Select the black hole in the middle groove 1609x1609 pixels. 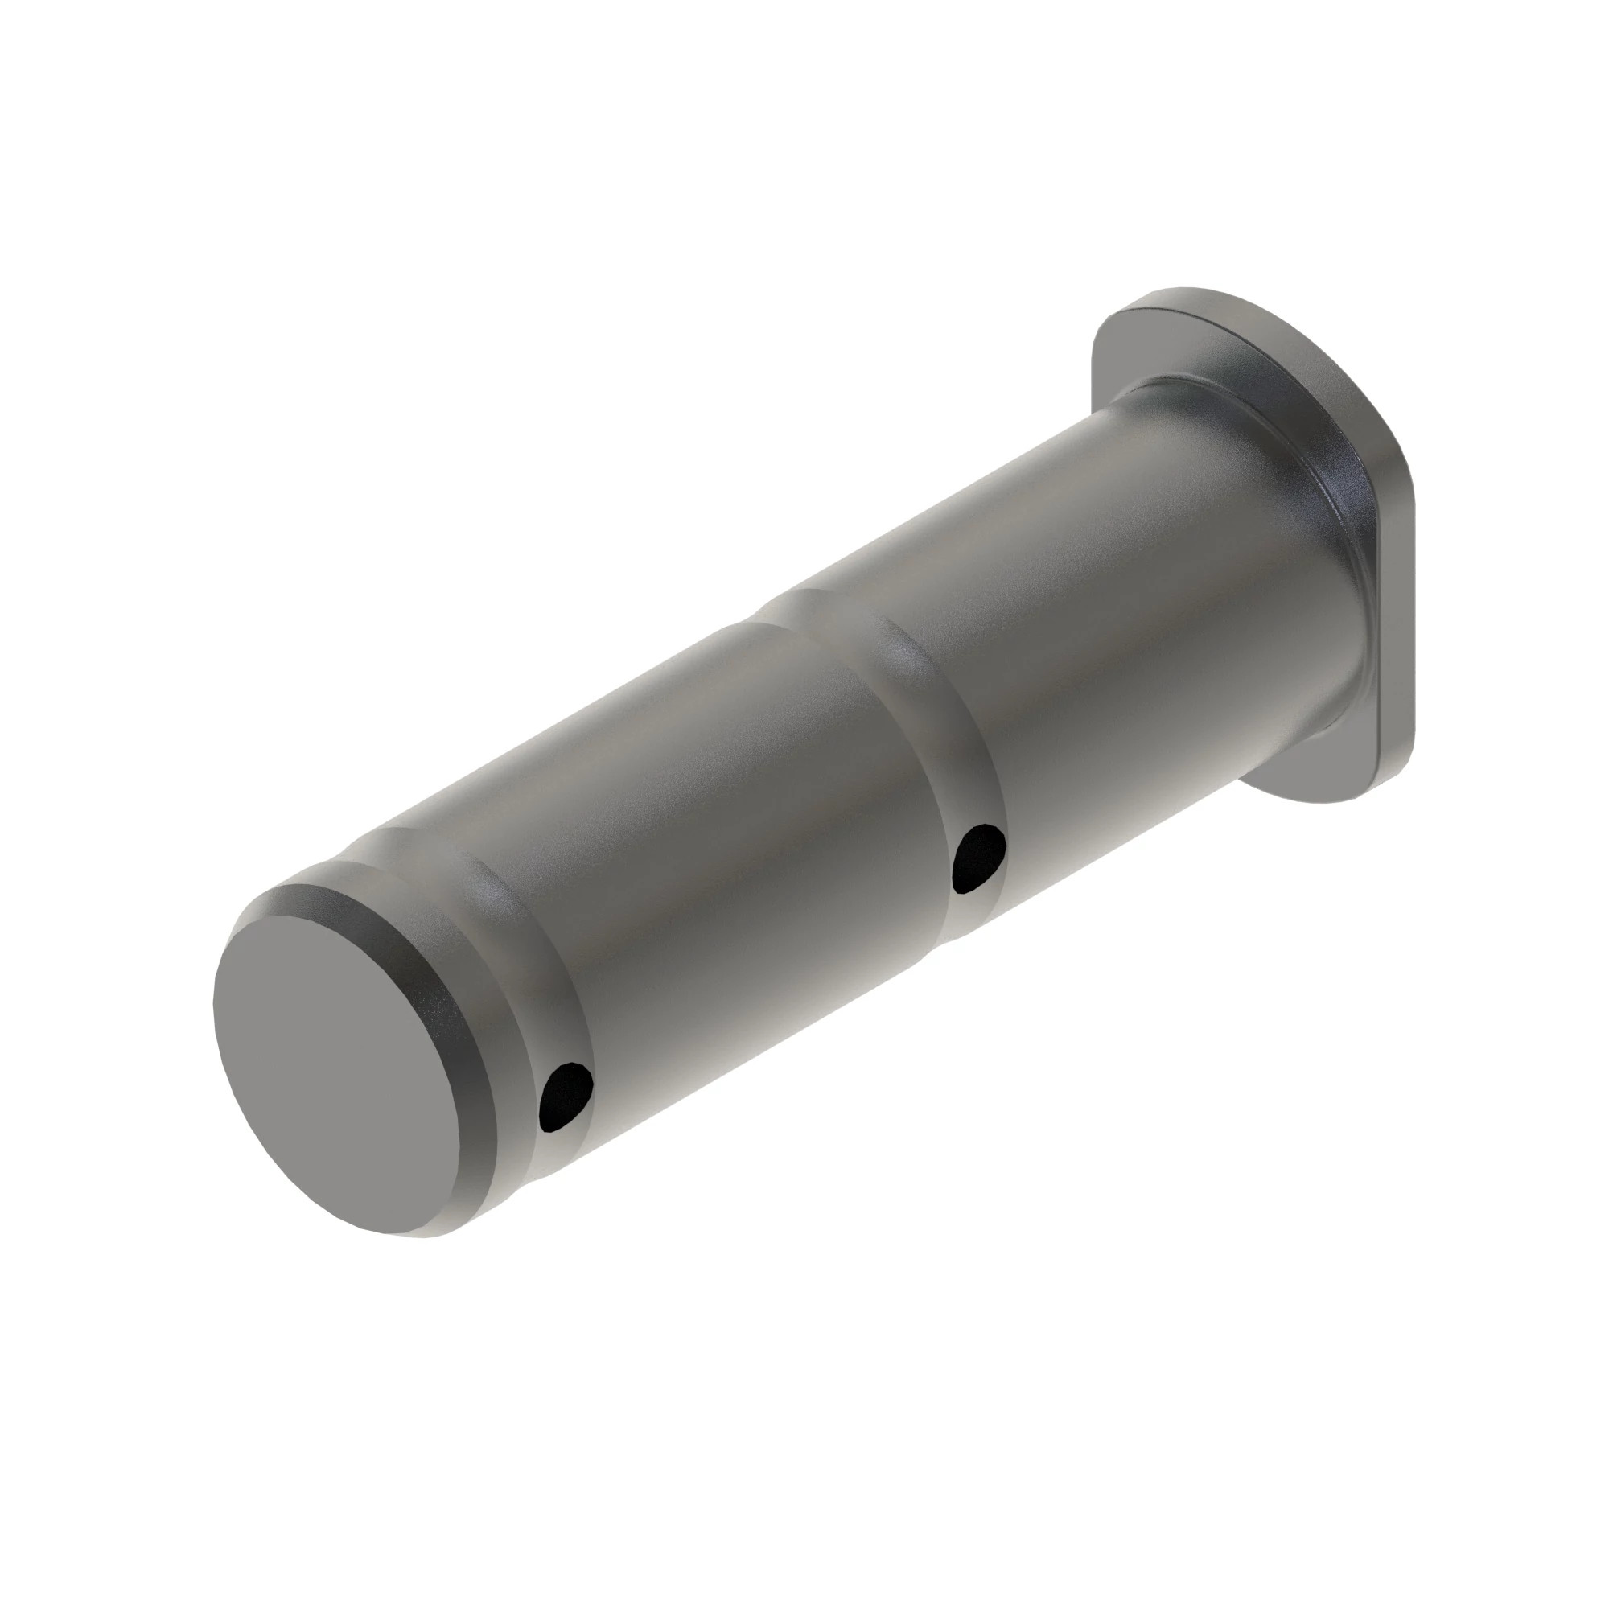coord(980,858)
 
